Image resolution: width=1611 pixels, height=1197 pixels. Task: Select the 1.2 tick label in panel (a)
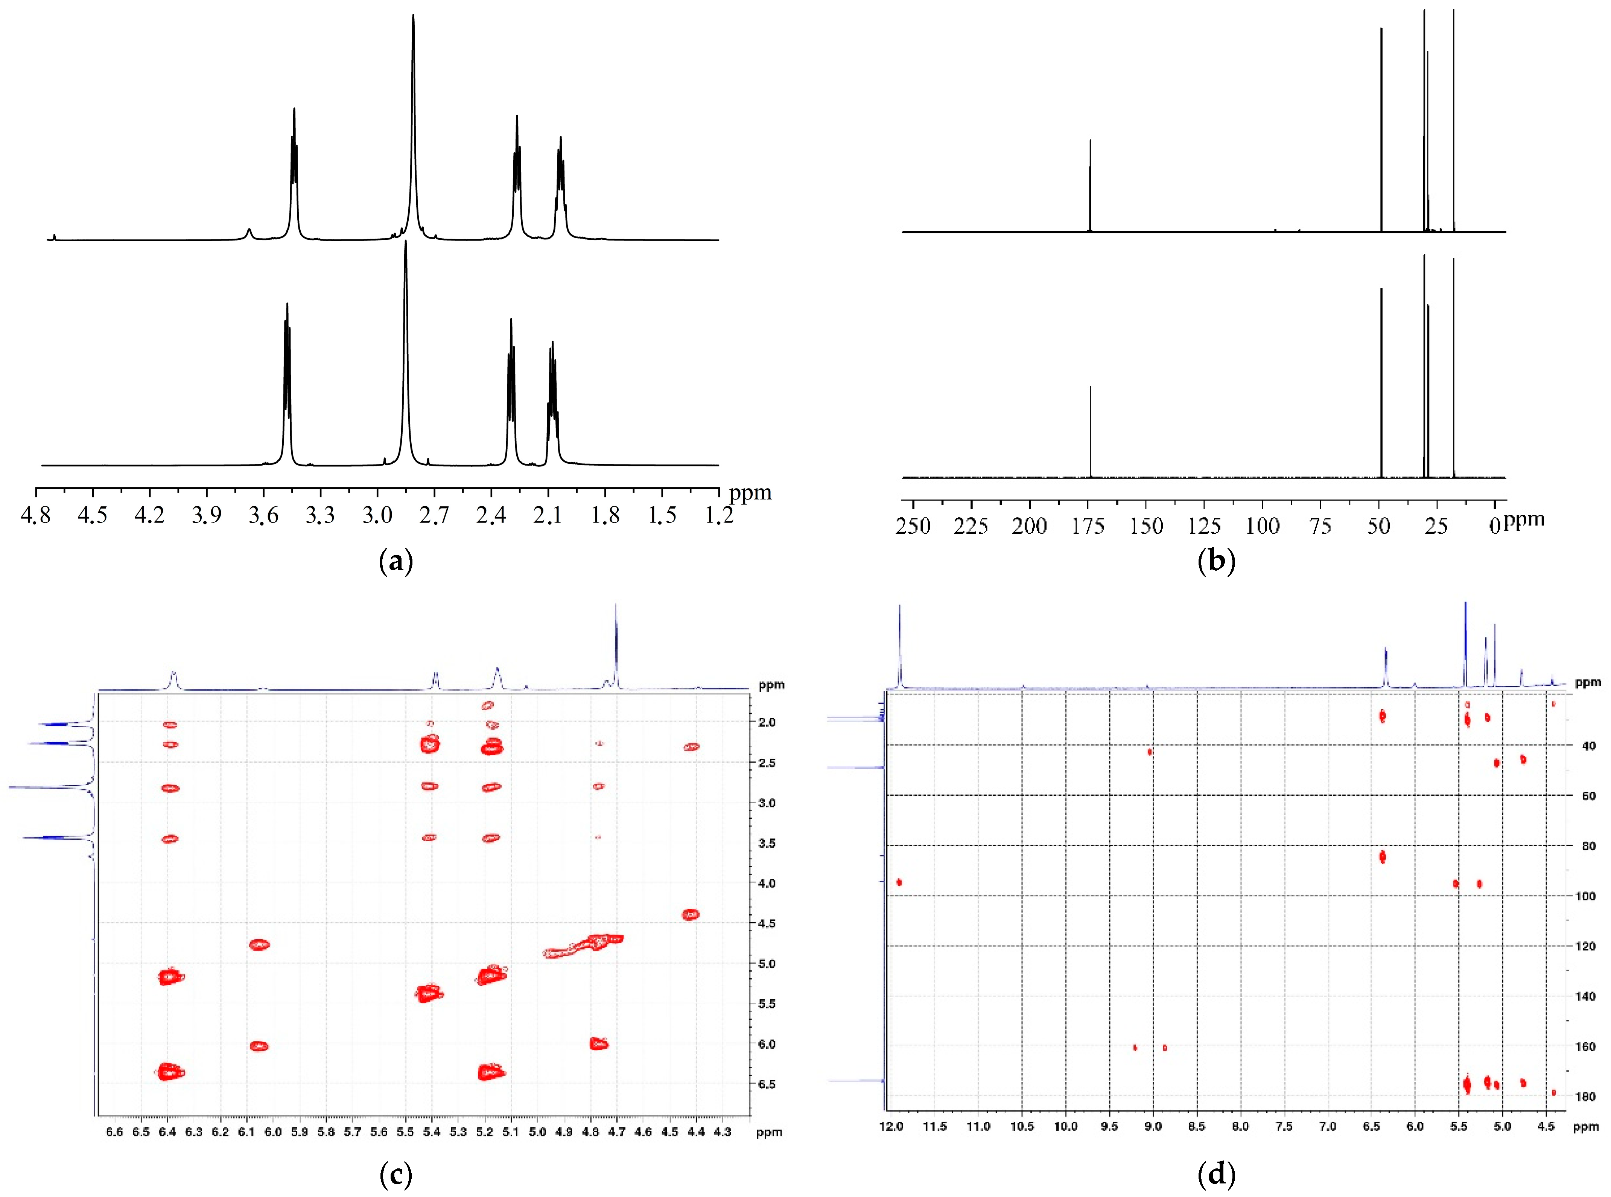[719, 515]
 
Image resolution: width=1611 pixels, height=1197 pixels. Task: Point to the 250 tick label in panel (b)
[913, 526]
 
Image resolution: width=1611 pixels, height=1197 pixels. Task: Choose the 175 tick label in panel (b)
[1087, 526]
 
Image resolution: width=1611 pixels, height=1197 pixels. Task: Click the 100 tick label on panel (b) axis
[1262, 526]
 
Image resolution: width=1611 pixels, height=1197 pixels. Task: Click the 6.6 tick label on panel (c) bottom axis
[114, 1132]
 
